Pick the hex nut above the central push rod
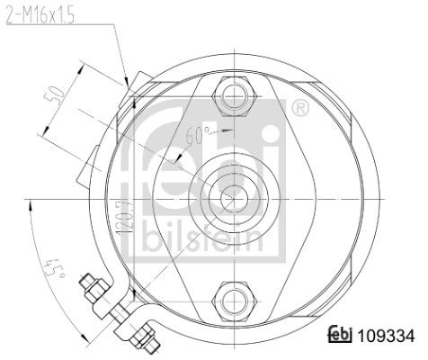234,94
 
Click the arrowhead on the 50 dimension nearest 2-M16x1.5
84,65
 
